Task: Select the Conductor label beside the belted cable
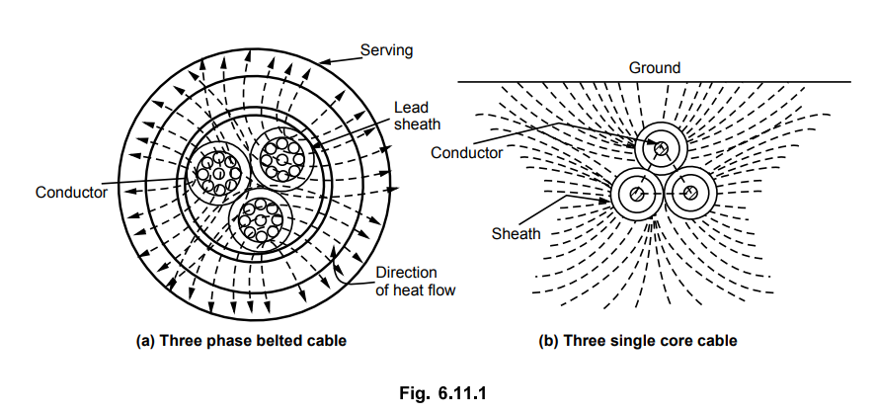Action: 72,193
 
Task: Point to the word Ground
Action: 655,68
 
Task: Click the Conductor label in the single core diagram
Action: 467,152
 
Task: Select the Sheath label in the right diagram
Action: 516,233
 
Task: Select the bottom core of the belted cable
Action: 261,220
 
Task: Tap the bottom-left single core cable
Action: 636,194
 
